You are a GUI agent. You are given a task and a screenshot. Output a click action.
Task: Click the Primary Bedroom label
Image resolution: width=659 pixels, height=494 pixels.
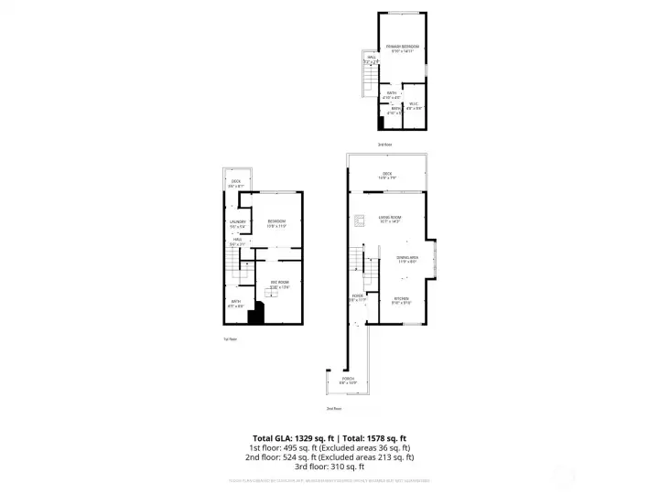point(402,47)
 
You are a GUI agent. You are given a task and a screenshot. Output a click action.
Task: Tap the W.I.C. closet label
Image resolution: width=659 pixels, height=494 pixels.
point(414,104)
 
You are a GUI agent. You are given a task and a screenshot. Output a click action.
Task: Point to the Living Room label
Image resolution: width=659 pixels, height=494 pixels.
point(390,218)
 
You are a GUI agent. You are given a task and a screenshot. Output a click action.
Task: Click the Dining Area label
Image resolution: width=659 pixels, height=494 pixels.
point(406,258)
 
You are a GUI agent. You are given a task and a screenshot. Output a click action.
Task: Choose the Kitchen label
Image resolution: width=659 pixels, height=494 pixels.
point(401,299)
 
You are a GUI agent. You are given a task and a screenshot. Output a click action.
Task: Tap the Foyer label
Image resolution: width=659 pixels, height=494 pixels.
point(356,296)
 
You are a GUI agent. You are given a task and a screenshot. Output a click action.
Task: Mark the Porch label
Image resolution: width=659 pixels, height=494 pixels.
point(348,378)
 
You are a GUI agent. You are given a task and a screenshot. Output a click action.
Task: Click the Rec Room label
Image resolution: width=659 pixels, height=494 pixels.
point(278,282)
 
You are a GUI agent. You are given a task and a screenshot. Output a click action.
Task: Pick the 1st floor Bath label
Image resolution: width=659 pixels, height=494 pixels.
point(235,303)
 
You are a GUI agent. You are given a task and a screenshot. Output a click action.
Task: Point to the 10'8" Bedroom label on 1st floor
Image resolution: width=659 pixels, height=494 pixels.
point(276,222)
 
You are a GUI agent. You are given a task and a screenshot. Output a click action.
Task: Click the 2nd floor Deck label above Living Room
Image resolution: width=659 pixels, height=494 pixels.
point(387,174)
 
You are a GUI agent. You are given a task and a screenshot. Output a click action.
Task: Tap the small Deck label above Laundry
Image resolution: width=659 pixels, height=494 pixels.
point(236,182)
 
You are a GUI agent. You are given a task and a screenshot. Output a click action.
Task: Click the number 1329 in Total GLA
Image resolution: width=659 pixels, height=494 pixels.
point(305,438)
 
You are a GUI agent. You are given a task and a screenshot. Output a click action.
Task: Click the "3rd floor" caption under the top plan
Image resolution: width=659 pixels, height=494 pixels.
point(384,144)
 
